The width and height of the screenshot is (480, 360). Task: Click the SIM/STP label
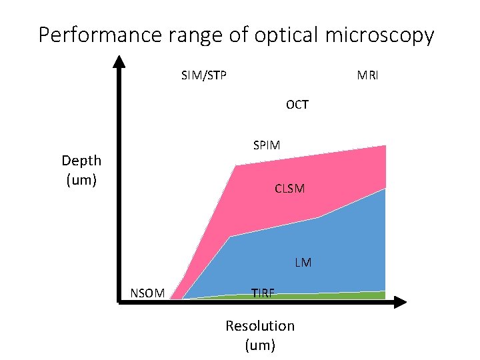[203, 75]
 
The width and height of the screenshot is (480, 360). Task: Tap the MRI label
[367, 75]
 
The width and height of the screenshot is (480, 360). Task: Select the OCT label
[297, 105]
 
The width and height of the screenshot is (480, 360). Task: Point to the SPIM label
[267, 145]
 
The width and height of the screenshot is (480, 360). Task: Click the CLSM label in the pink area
[289, 189]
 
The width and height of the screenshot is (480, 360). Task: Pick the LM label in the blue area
[303, 263]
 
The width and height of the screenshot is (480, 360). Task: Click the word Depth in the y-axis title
[81, 161]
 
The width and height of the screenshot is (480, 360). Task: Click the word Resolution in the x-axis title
[259, 326]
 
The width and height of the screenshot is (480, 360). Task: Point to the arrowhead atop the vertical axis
[119, 61]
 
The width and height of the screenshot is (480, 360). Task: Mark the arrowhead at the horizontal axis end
[398, 302]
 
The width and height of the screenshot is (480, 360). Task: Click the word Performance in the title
[99, 35]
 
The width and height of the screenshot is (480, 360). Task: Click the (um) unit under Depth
[81, 180]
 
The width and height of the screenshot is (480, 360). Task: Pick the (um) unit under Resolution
[259, 345]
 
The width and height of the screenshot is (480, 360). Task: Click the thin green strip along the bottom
[333, 295]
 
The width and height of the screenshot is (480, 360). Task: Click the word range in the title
[193, 35]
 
